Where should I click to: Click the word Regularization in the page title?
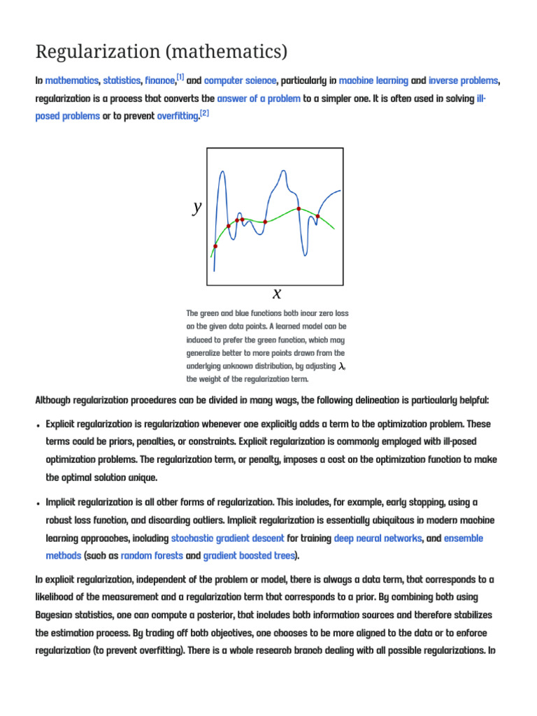point(90,52)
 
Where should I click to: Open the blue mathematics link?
point(71,81)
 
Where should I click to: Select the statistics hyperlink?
point(122,81)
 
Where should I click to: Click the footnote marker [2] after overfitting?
point(204,113)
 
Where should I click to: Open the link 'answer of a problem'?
point(259,99)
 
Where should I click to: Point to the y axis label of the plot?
point(197,206)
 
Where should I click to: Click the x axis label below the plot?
point(277,293)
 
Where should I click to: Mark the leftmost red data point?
point(215,246)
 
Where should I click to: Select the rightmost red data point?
point(317,216)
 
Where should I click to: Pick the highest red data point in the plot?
point(299,208)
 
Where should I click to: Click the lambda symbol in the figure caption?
point(342,366)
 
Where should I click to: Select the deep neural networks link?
point(378,538)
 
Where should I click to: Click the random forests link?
point(152,556)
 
